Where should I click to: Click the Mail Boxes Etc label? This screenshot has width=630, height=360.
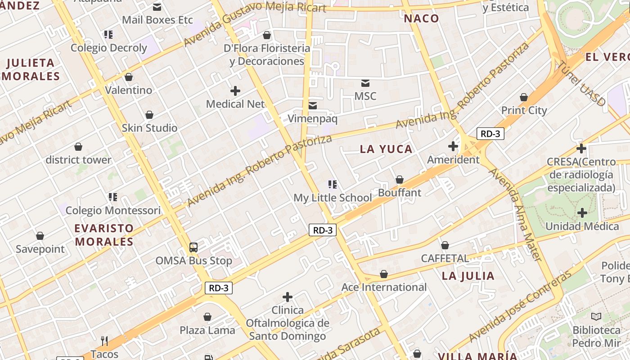[x=157, y=20]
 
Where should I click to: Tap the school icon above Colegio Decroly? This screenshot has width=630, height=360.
[x=108, y=34]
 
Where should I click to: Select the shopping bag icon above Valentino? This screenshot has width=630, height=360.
[x=129, y=77]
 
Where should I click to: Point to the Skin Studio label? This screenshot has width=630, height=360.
[x=149, y=128]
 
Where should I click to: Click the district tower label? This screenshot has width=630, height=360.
[x=78, y=160]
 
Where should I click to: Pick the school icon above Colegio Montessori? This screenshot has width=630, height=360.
[x=112, y=197]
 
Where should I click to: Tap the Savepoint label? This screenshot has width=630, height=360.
[x=40, y=249]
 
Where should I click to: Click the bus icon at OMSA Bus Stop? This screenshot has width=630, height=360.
[x=193, y=247]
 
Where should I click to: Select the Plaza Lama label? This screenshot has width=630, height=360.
[x=207, y=330]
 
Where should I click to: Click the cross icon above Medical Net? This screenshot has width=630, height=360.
[x=235, y=91]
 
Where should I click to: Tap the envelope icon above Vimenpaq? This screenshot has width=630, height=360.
[x=312, y=106]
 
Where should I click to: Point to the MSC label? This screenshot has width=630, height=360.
[x=365, y=96]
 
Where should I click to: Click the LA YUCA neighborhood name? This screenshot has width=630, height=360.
[x=386, y=149]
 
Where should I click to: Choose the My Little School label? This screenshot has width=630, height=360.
[x=333, y=198]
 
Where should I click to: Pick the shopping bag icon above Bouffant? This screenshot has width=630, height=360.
[x=400, y=180]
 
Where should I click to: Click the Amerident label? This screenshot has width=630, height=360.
[x=453, y=160]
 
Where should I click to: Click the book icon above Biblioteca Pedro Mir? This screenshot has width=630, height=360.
[x=596, y=317]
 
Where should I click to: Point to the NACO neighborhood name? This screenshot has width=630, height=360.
[x=421, y=18]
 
